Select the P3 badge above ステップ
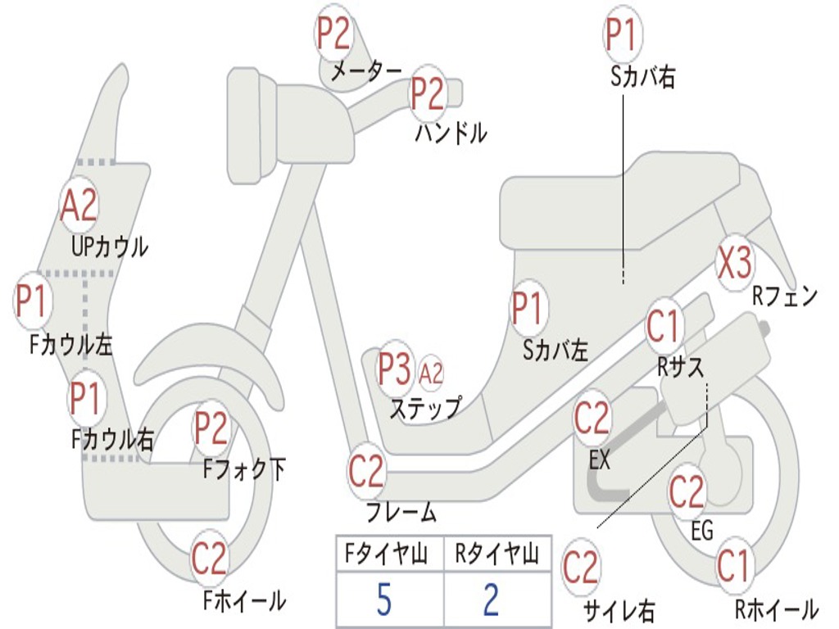click(x=394, y=370)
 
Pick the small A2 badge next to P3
click(x=431, y=373)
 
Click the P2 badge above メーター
click(x=334, y=34)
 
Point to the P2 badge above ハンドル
click(x=427, y=94)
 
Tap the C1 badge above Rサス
click(x=664, y=327)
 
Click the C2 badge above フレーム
click(x=366, y=472)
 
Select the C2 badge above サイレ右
click(x=581, y=568)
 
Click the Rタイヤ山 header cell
click(x=497, y=555)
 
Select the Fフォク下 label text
click(x=245, y=469)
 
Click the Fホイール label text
click(x=244, y=601)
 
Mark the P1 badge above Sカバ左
click(x=527, y=310)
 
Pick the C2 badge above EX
click(x=592, y=419)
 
